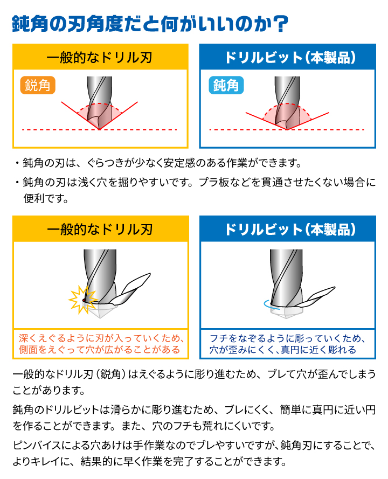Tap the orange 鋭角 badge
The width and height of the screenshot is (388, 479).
pos(38,86)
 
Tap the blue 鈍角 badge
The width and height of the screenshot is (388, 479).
pos(226,86)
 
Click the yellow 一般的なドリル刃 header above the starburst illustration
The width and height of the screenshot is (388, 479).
pos(100,229)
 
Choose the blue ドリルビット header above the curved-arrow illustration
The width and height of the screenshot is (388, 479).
pos(287,229)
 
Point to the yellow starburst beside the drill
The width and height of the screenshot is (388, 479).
pos(81,298)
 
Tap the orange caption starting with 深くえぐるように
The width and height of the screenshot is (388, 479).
pos(100,344)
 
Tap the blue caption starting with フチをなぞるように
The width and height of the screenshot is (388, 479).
pos(287,344)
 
